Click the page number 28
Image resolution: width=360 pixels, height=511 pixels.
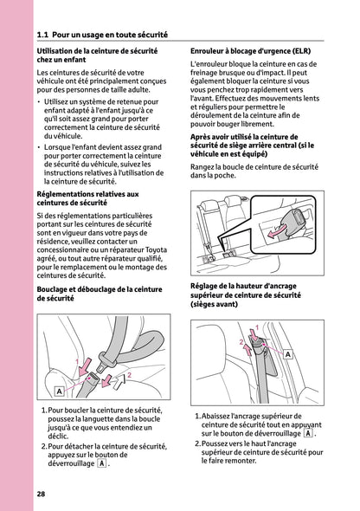(41, 494)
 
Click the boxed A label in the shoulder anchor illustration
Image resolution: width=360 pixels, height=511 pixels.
(286, 355)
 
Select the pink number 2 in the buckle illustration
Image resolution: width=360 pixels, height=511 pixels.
(129, 376)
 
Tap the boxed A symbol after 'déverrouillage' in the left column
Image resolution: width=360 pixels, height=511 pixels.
(101, 463)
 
